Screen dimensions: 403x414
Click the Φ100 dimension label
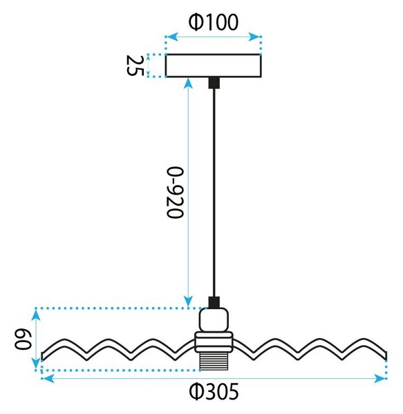pos(214,22)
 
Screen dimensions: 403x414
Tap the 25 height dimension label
pos(135,66)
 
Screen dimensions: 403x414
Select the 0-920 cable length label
pos(175,193)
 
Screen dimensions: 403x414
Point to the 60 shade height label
pos(23,339)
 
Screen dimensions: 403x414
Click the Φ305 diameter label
pos(214,391)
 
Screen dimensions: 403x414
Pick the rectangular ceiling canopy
pos(214,66)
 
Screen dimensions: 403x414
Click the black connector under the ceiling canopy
pos(214,83)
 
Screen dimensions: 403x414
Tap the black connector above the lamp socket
pos(214,302)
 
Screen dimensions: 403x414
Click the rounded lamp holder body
pos(214,320)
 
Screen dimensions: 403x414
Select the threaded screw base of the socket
pos(214,361)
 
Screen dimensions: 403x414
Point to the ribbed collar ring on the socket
pos(214,342)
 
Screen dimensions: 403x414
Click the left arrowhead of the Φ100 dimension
pos(171,37)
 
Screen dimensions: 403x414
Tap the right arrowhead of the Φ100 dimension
pos(255,37)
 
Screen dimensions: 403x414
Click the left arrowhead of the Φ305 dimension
pos(48,379)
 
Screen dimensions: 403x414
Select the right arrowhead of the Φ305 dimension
pos(380,379)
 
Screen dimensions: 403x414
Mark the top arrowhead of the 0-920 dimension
pos(188,83)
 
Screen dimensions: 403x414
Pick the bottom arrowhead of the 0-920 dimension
pos(188,301)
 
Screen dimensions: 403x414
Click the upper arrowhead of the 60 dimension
pos(36,315)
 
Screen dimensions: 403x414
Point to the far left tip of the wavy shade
pos(42,356)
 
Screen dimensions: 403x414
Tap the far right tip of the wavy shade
pos(386,356)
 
